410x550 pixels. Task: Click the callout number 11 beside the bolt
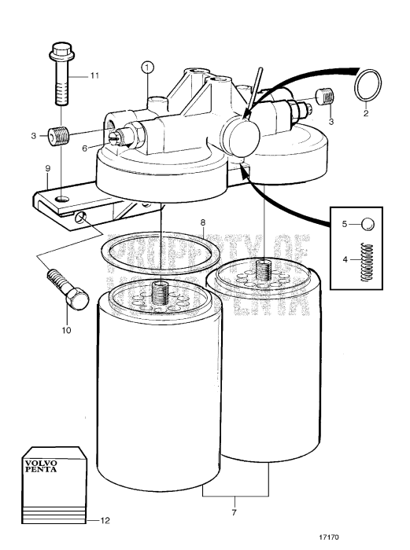[94, 75]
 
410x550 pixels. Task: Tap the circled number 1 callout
[147, 68]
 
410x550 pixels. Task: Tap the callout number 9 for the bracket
[47, 168]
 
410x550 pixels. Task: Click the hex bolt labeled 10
[65, 287]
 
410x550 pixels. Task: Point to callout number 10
[66, 331]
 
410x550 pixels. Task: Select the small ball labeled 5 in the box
[368, 225]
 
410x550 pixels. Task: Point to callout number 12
[96, 520]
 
